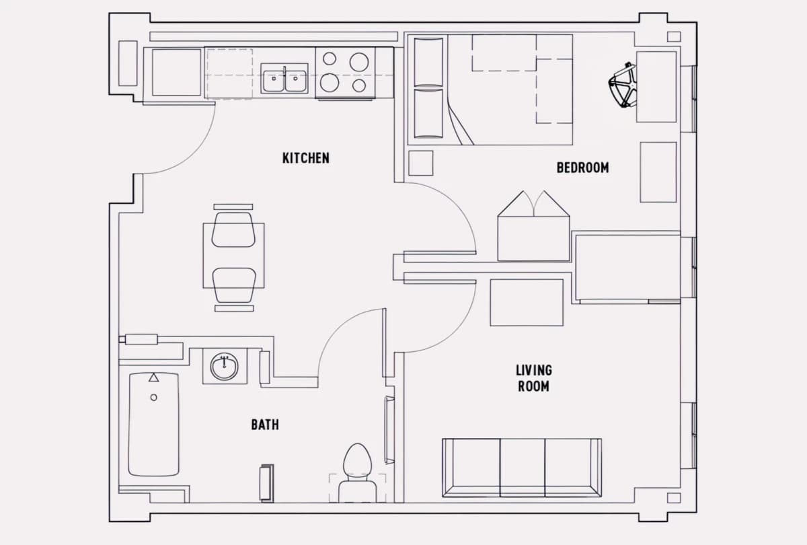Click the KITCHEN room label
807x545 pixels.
point(305,158)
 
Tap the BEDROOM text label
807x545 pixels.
point(582,168)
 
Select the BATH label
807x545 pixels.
point(265,425)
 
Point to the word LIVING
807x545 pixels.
point(533,370)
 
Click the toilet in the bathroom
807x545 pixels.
point(357,473)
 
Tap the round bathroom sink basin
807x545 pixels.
point(224,366)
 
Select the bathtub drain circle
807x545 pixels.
point(154,397)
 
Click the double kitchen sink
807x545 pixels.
point(284,78)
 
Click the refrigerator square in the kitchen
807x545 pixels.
point(176,73)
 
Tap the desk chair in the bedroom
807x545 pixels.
point(622,85)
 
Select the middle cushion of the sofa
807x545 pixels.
point(523,468)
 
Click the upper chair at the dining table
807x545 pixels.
point(233,229)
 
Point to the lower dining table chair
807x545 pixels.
point(234,285)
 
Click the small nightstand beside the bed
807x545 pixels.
point(421,163)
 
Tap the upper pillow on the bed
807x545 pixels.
point(428,62)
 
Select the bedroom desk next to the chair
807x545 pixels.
point(656,87)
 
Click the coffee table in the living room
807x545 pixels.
point(527,302)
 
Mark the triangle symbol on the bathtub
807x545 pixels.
point(154,377)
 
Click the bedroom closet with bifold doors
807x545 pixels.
point(533,226)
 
